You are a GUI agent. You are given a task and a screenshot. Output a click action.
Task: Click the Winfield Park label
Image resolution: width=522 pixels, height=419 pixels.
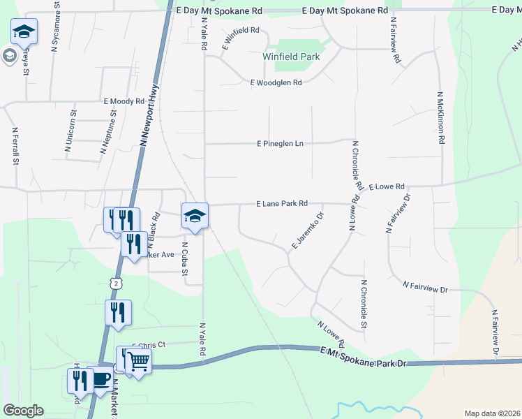pyautogui.click(x=291, y=57)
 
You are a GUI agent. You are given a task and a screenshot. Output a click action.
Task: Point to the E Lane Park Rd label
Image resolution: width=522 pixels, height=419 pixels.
pyautogui.click(x=282, y=204)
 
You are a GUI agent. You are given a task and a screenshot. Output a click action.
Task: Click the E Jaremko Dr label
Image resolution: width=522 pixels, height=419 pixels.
pyautogui.click(x=307, y=230)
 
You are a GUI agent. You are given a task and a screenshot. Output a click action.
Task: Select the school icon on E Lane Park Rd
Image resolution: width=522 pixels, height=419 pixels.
pyautogui.click(x=195, y=215)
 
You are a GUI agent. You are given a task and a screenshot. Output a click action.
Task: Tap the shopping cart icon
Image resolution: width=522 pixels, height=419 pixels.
pyautogui.click(x=138, y=362)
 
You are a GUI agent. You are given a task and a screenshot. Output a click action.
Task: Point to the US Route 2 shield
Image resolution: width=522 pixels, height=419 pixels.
pyautogui.click(x=114, y=282)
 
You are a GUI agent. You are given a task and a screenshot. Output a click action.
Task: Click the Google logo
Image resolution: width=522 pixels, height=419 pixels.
pyautogui.click(x=23, y=411)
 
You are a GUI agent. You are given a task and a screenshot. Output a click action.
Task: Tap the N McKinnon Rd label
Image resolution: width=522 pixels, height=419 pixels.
pyautogui.click(x=441, y=117)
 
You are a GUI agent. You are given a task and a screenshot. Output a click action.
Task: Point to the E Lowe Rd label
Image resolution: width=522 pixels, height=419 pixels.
pyautogui.click(x=387, y=186)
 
